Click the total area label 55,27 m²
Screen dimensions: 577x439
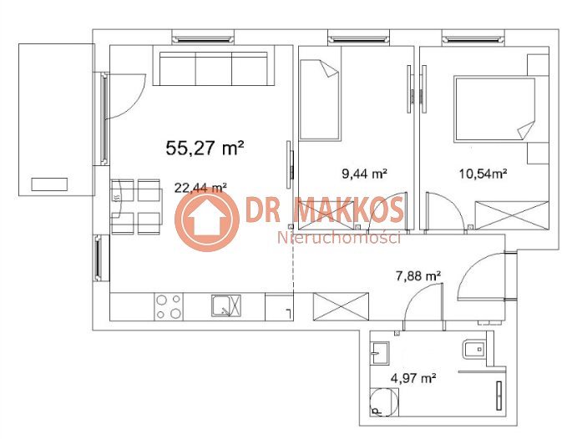(205, 149)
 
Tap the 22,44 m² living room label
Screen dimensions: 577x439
(200, 188)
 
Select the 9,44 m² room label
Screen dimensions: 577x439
(364, 173)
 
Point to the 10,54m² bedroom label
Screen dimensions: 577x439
(483, 173)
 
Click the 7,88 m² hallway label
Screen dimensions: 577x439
(418, 275)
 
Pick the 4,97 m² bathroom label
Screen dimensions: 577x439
(413, 377)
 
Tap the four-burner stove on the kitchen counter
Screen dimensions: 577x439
(169, 306)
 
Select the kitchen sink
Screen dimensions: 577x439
(226, 306)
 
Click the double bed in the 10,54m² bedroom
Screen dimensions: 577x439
(495, 108)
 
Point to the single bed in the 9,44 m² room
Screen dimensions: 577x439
(319, 100)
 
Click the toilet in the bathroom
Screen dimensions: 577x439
(473, 348)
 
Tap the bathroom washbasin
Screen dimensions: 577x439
(379, 353)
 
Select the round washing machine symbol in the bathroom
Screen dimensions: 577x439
(383, 402)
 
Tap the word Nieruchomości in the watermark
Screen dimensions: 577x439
(338, 238)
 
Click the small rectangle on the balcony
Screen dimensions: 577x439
(49, 184)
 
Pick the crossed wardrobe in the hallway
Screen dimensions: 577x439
(341, 306)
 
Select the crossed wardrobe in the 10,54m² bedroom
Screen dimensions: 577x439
(512, 215)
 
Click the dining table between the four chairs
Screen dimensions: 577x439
(136, 207)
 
